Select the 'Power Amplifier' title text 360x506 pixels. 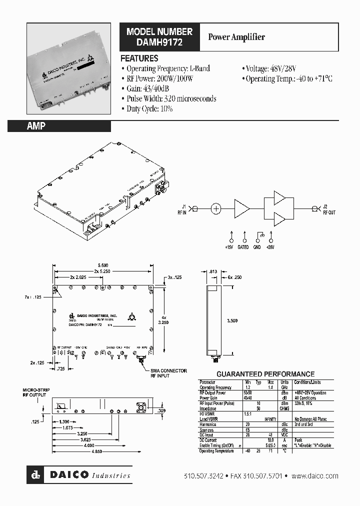point(236,37)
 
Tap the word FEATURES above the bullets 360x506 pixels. point(139,58)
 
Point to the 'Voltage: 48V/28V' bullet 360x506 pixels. point(271,68)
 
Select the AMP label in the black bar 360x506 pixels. point(36,126)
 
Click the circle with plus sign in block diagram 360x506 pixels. point(215,208)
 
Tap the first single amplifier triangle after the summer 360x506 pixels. point(241,208)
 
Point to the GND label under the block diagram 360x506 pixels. point(257,247)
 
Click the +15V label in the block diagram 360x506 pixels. point(230,247)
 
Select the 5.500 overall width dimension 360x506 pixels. point(102,265)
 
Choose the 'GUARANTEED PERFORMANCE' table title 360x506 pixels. point(265,374)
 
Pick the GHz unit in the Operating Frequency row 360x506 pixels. point(284,387)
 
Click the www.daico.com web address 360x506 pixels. point(315,476)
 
